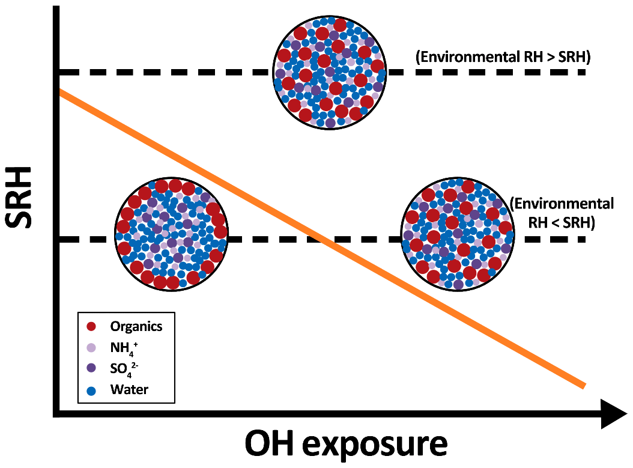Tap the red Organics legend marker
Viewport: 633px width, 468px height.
(x=91, y=327)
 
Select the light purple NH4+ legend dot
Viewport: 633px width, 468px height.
(x=91, y=348)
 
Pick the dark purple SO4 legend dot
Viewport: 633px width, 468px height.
(x=91, y=368)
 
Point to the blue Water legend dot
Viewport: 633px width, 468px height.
(x=91, y=389)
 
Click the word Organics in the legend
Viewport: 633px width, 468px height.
(x=136, y=327)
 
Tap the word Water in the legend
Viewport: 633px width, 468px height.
(x=129, y=389)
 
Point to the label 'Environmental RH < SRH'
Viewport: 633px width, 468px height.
(x=561, y=213)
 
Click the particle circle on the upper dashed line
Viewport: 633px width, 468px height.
(x=330, y=72)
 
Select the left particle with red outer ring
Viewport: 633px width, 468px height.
(x=171, y=234)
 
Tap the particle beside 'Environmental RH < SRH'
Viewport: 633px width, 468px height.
(x=457, y=234)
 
